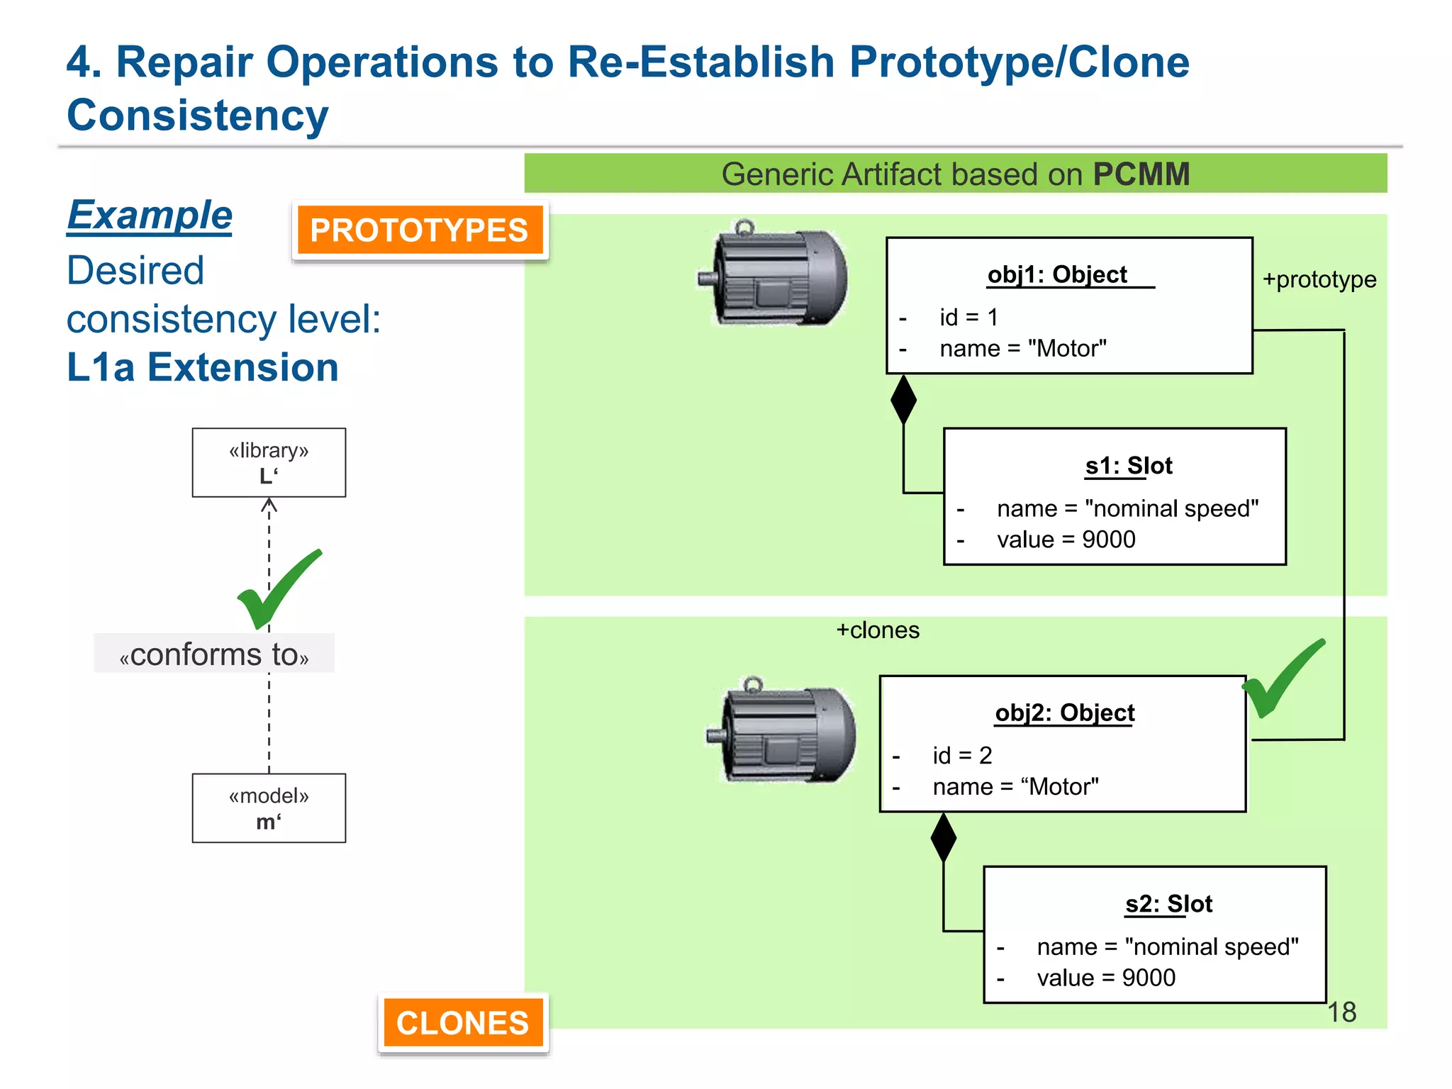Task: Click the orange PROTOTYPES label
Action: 420,230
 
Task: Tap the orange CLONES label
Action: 462,1023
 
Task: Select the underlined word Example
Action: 150,216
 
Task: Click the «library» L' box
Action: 269,462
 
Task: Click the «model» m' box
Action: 269,808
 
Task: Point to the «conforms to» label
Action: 214,654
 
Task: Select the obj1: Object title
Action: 1057,274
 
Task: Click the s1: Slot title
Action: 1129,466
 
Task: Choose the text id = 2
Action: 962,755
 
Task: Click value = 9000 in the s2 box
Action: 1105,978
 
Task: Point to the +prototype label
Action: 1319,279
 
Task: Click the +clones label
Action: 878,630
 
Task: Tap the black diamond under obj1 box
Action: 903,400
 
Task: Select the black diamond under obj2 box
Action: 943,838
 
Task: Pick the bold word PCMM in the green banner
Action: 1141,174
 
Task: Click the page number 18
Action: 1341,1012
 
